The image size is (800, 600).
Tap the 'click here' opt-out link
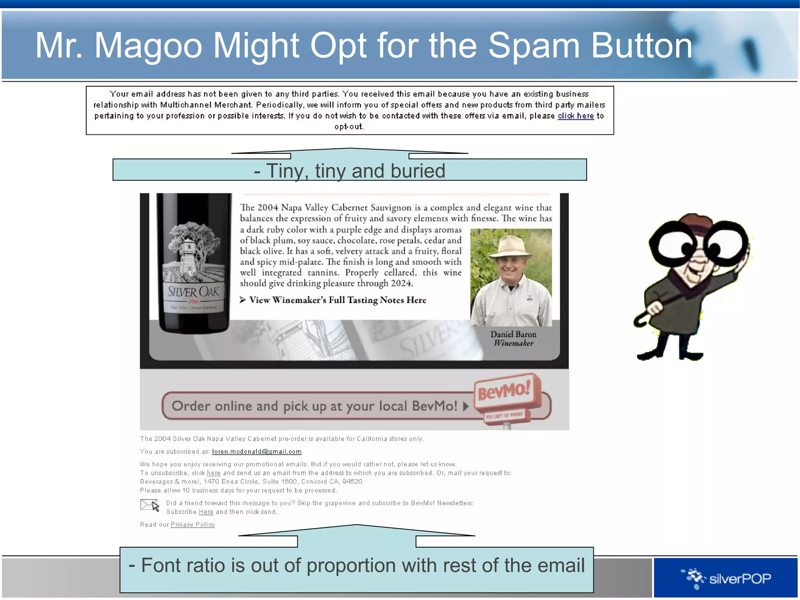coord(575,116)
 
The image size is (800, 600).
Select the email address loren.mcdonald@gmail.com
coord(257,452)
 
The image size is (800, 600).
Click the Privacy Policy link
coord(193,525)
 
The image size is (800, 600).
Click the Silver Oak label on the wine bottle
coord(193,292)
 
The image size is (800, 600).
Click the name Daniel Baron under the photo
coord(513,334)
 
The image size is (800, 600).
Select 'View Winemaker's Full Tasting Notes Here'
coord(337,300)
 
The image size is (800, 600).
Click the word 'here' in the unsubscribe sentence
coord(213,473)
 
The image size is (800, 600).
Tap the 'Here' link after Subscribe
coord(206,512)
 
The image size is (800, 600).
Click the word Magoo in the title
coord(148,46)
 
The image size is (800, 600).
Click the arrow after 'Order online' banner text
coord(465,406)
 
